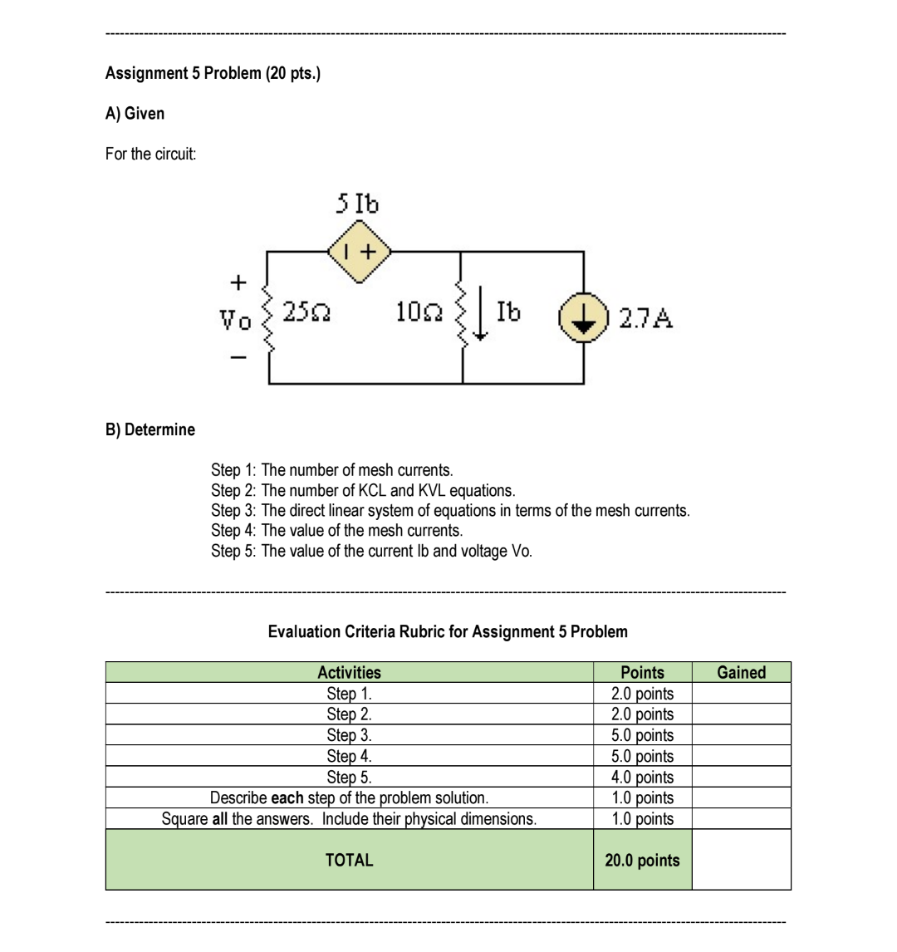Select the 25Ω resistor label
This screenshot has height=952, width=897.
305,313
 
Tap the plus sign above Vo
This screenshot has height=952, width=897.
237,282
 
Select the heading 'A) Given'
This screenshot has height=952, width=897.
135,113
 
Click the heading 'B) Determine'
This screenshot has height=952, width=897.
150,429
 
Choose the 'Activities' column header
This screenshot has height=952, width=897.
350,672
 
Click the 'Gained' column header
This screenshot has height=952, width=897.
741,672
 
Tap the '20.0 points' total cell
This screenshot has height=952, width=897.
642,861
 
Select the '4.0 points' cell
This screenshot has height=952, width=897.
642,777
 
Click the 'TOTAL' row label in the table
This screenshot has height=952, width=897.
350,861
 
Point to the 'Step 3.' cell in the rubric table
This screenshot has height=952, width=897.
350,735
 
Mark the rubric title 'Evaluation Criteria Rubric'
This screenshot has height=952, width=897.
448,631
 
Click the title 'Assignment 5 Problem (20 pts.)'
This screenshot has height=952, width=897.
213,73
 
